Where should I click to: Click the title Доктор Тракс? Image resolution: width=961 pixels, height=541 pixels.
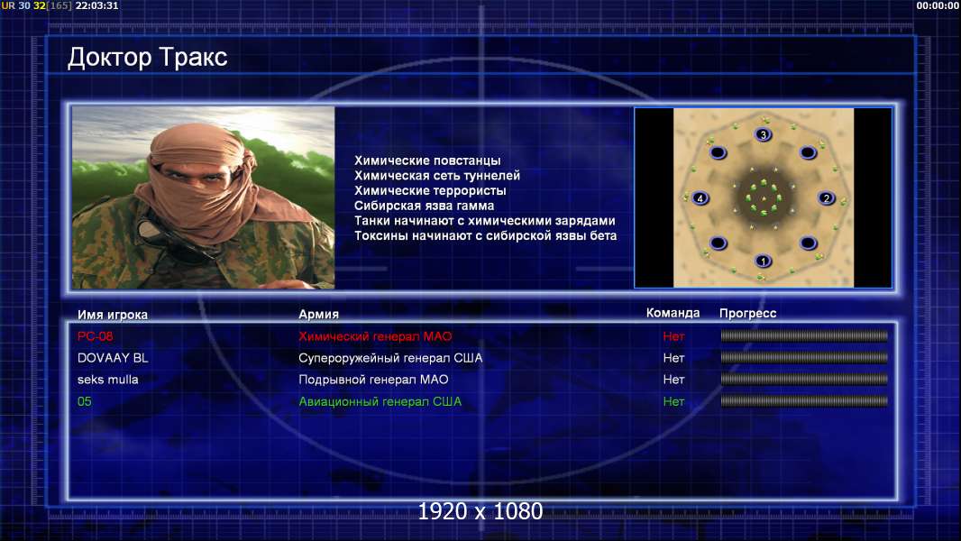[147, 58]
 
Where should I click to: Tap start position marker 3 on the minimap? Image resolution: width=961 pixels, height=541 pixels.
[763, 134]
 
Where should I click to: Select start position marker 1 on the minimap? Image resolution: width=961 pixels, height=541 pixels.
[763, 261]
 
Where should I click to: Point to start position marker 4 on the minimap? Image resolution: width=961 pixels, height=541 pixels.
[700, 197]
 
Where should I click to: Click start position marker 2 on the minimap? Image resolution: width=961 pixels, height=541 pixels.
[826, 197]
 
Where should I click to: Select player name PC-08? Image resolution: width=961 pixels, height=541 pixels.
[95, 336]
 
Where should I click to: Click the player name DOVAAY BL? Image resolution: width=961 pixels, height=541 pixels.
[113, 358]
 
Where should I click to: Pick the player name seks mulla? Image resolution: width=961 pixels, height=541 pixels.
[108, 380]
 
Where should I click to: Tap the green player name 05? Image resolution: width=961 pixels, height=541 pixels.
[85, 402]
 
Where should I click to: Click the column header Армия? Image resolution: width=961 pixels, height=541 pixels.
[319, 315]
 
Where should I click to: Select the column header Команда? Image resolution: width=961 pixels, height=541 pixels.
[673, 313]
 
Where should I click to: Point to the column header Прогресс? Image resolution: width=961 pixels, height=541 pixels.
[747, 314]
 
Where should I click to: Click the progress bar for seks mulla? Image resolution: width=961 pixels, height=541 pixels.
[804, 380]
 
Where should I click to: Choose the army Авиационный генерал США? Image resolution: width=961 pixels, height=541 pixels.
[380, 402]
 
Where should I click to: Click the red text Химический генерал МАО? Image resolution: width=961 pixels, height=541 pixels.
[375, 336]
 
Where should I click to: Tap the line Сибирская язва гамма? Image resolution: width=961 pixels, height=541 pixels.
[424, 206]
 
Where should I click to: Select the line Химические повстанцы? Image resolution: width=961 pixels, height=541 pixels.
[427, 160]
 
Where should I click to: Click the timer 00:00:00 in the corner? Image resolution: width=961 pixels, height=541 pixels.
[937, 5]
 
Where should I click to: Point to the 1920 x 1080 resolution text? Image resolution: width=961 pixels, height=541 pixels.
[480, 511]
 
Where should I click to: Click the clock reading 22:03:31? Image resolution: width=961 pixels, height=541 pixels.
[96, 5]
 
